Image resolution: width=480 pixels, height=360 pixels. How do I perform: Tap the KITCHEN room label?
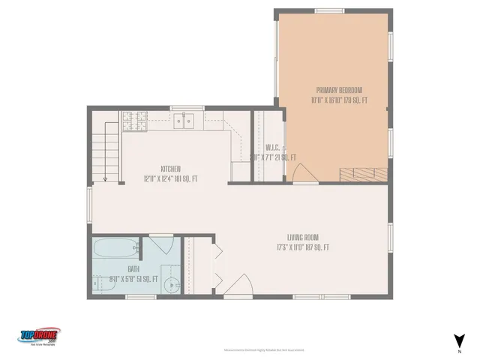click(170, 169)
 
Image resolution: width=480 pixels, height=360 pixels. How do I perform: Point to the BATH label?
click(133, 268)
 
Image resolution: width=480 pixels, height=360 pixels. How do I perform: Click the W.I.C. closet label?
click(272, 147)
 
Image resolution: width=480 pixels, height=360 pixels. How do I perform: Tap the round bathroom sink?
click(172, 286)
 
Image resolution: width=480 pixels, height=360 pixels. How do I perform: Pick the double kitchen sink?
click(184, 119)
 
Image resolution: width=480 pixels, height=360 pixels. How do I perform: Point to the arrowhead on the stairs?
click(106, 179)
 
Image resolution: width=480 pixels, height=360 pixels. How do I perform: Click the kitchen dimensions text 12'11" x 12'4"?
click(170, 178)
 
